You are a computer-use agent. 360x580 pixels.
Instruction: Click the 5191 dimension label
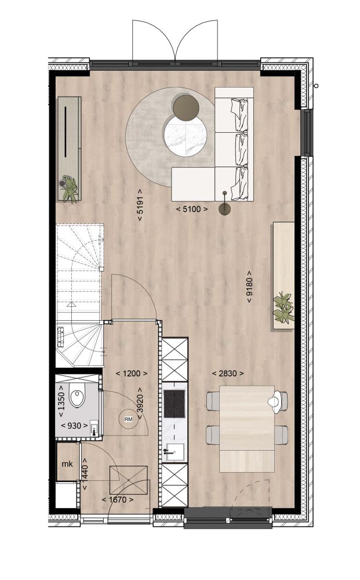[x=140, y=205]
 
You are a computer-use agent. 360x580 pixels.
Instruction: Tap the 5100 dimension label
[x=192, y=209]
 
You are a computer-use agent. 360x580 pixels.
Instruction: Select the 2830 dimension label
[x=228, y=374]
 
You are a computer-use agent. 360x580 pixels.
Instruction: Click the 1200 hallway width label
[x=132, y=374]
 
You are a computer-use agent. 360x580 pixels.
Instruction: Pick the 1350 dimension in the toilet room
[x=61, y=401]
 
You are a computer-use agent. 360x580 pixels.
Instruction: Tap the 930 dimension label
[x=74, y=426]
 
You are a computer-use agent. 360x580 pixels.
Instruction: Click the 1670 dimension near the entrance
[x=118, y=500]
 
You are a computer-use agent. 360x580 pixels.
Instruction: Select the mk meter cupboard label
[x=67, y=464]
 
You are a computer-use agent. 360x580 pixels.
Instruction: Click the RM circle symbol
[x=128, y=419]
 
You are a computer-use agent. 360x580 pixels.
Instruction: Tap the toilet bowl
[x=77, y=395]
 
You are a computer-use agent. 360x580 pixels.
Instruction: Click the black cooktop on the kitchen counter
[x=174, y=404]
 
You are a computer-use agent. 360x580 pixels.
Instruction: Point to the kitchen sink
[x=174, y=451]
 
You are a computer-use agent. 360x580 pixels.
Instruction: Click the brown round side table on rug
[x=186, y=108]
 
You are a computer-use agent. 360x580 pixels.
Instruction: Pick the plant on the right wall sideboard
[x=283, y=307]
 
